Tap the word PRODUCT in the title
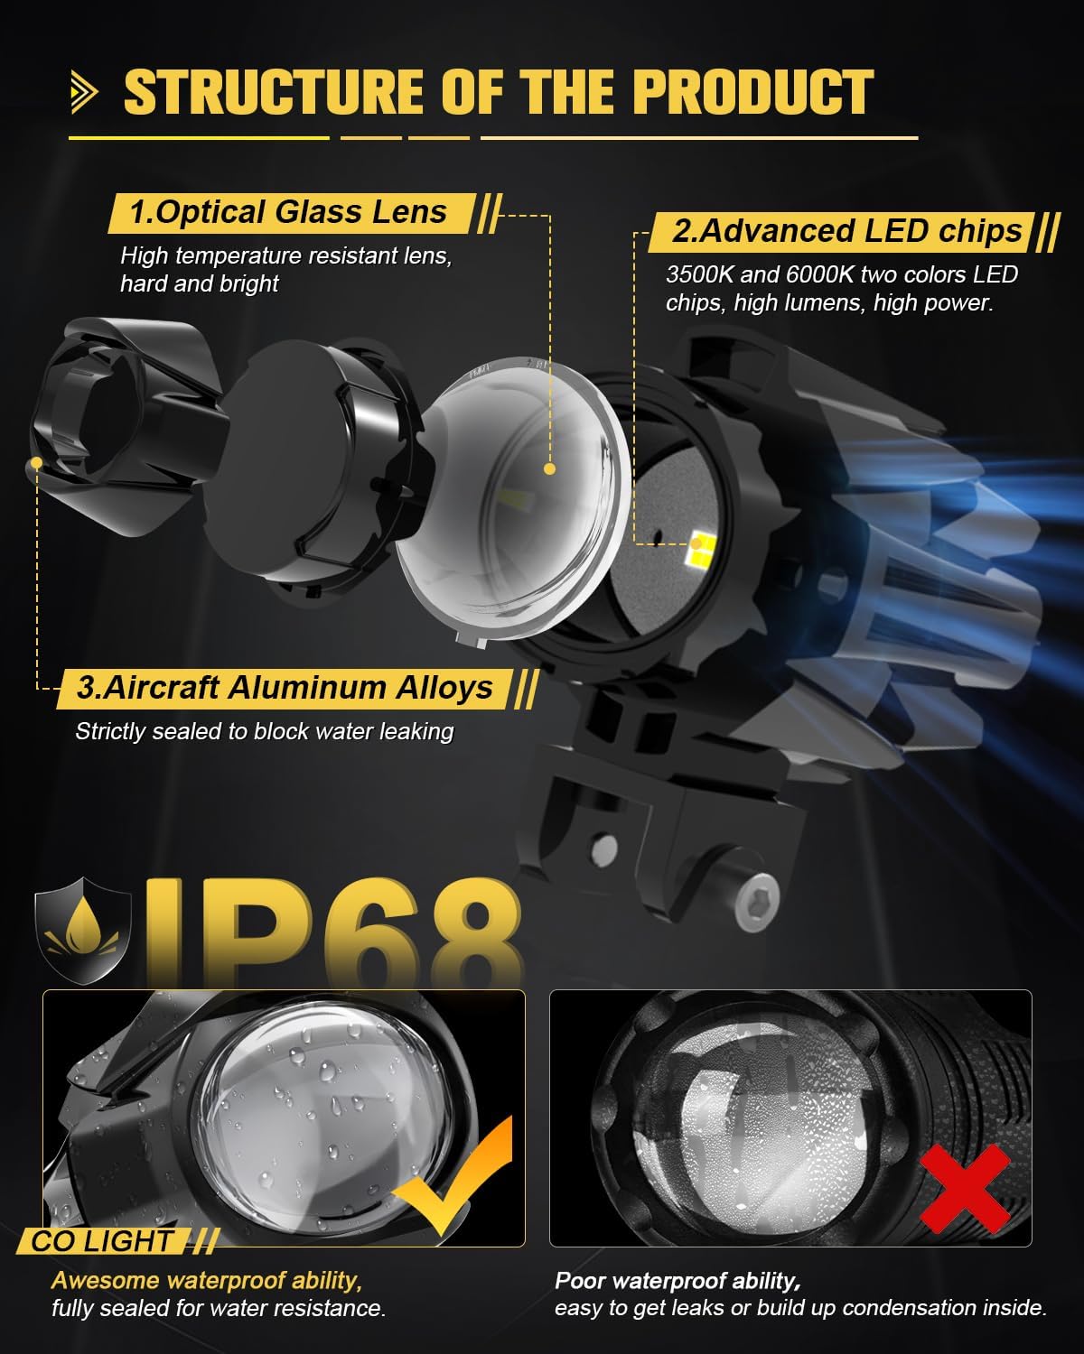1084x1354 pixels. tap(753, 92)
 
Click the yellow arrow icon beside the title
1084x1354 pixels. tap(86, 92)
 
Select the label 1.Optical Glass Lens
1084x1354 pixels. tap(288, 212)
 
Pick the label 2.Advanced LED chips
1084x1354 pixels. tap(847, 231)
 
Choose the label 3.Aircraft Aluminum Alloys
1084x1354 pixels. tap(285, 688)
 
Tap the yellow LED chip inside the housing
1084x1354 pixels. tap(702, 543)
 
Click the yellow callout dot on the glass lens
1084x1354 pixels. tap(549, 469)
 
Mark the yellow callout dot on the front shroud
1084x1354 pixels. tap(36, 462)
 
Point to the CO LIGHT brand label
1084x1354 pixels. tap(102, 1241)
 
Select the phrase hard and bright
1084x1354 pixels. tap(200, 283)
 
